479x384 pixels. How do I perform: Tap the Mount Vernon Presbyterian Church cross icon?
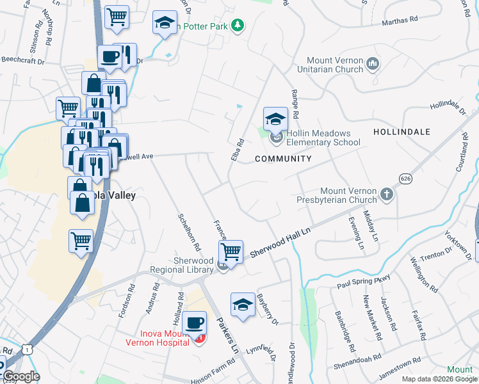(386, 193)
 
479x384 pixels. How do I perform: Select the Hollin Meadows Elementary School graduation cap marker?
(276, 118)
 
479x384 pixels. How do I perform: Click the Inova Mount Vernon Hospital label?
(165, 337)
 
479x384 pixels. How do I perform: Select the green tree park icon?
(238, 25)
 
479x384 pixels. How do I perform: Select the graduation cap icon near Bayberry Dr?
(243, 305)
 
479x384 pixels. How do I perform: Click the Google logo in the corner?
(22, 376)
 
